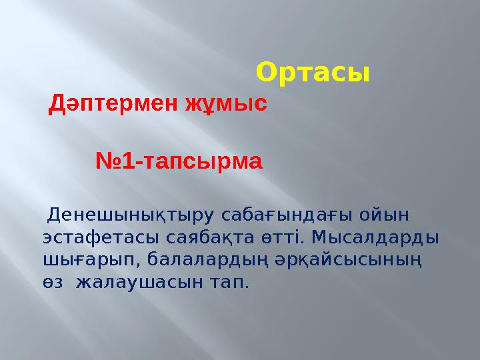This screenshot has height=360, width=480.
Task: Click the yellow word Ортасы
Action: point(313,72)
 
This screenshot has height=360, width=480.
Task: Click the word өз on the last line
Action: point(53,283)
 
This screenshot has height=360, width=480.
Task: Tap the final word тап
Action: point(229,283)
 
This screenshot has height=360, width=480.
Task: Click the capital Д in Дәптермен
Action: point(58,104)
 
